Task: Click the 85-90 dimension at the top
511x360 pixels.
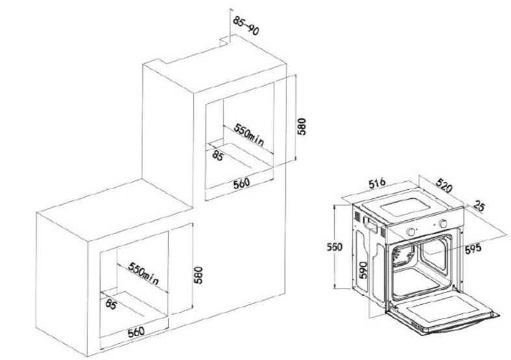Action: (x=246, y=25)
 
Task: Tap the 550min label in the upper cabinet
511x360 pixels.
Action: (x=248, y=134)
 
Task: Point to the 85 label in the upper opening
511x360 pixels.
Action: (x=218, y=155)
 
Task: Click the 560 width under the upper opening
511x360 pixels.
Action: (x=241, y=183)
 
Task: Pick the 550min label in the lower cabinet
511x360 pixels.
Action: (x=144, y=273)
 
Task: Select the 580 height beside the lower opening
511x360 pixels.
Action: (x=198, y=276)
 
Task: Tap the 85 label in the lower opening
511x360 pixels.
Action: (x=111, y=304)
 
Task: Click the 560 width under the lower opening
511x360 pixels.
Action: (x=136, y=332)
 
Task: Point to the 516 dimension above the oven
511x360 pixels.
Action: (x=377, y=183)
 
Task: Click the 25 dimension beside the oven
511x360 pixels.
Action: (x=478, y=206)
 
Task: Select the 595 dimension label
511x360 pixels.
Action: (x=473, y=249)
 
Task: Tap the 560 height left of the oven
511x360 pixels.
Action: (x=335, y=247)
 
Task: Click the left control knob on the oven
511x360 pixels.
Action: (x=412, y=231)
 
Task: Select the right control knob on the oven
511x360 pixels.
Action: (x=443, y=224)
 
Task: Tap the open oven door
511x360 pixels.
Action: (x=442, y=312)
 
